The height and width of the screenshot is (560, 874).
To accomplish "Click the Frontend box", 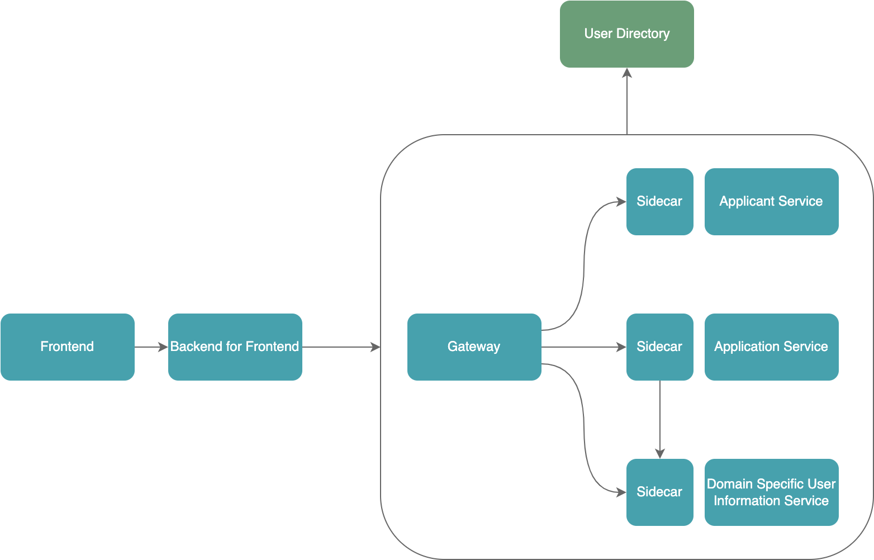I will pyautogui.click(x=67, y=347).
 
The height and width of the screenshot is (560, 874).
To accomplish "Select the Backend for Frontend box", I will pyautogui.click(x=235, y=347).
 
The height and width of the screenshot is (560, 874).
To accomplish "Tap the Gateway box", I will pyautogui.click(x=474, y=347).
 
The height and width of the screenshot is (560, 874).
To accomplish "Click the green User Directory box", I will pyautogui.click(x=626, y=34).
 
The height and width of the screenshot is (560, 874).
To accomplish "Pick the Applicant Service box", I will pyautogui.click(x=771, y=202).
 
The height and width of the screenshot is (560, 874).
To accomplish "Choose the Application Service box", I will pyautogui.click(x=771, y=347).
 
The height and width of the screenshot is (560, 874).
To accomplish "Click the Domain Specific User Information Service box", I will pyautogui.click(x=771, y=492).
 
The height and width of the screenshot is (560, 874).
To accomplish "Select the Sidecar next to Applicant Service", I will pyautogui.click(x=659, y=202).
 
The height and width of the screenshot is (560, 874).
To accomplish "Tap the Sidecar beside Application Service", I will pyautogui.click(x=659, y=347).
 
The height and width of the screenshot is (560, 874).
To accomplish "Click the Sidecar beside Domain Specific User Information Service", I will pyautogui.click(x=659, y=492).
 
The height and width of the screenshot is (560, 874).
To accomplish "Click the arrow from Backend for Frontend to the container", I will pyautogui.click(x=341, y=347).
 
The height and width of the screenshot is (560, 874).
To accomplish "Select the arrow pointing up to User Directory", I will pyautogui.click(x=627, y=101).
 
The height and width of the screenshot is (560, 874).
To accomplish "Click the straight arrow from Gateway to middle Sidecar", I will pyautogui.click(x=584, y=347).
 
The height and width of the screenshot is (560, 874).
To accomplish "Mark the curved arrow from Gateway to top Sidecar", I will pyautogui.click(x=584, y=268).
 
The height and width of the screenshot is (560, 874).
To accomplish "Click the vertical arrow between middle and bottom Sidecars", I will pyautogui.click(x=660, y=419).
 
